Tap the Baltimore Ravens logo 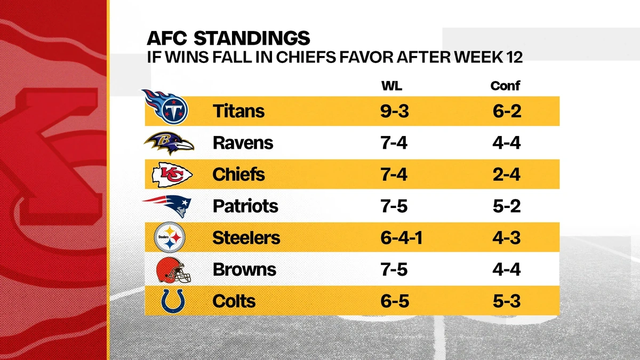[168, 143]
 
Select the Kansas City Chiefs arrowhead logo [172, 174]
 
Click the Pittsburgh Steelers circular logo [169, 237]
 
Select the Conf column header [505, 86]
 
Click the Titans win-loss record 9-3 [393, 111]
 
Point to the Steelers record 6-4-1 [402, 238]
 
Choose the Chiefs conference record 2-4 [506, 174]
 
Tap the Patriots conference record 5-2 [506, 206]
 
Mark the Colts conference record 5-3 [506, 301]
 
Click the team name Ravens [243, 143]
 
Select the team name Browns [244, 269]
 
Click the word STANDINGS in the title [251, 38]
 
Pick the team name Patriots [245, 206]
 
